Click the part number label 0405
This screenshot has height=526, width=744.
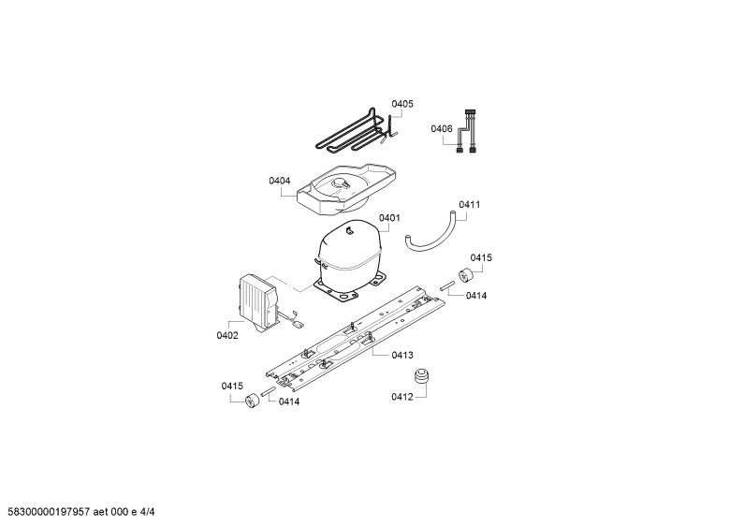click(x=401, y=104)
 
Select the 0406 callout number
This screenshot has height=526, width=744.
click(x=442, y=128)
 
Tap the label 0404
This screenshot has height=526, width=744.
click(x=280, y=181)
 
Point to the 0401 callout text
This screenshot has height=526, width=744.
click(x=389, y=217)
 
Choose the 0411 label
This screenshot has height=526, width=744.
click(x=469, y=204)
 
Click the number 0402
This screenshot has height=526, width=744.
click(x=227, y=336)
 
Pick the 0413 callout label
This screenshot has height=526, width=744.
click(x=402, y=355)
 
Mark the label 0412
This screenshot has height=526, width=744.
click(x=401, y=397)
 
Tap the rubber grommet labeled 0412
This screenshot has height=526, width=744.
click(x=421, y=377)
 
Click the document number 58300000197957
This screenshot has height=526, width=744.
click(x=46, y=512)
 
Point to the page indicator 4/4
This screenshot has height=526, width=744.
click(x=148, y=512)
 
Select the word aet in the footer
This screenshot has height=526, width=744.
click(x=100, y=512)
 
